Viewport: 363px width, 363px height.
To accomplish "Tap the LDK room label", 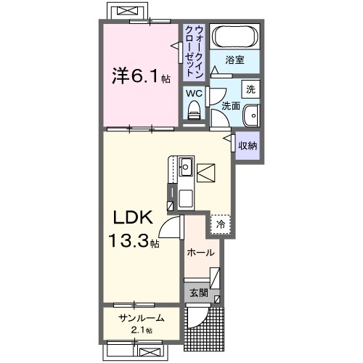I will [131, 217].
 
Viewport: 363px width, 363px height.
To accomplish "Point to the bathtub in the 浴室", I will [232, 38].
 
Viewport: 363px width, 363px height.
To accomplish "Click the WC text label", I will [194, 94].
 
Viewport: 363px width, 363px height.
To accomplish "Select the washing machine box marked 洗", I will [250, 90].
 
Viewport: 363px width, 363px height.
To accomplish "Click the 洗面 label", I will [230, 106].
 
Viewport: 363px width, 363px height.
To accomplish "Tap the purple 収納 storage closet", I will [248, 144].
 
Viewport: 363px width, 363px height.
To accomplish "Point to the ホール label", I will [200, 253].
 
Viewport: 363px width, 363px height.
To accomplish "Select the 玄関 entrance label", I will [199, 293].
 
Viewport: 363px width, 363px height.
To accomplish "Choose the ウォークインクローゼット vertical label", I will [194, 51].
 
